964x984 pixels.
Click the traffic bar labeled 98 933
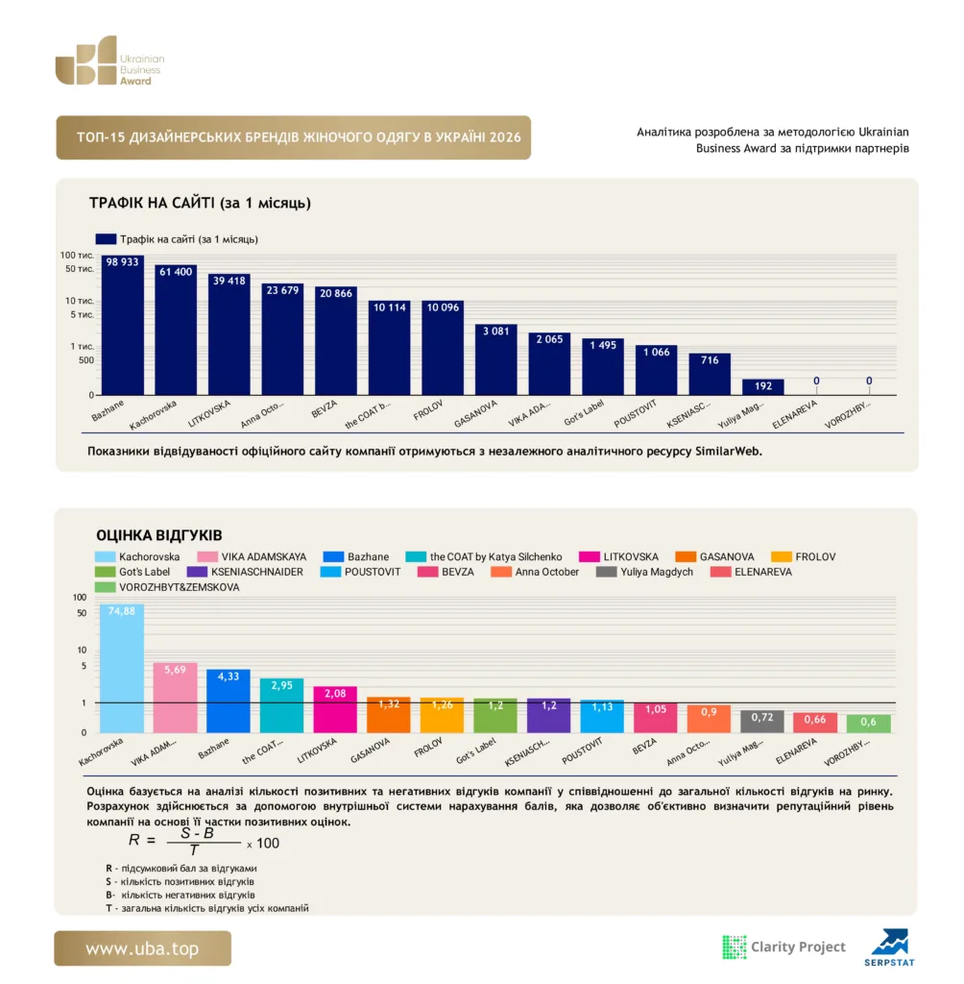[x=122, y=325]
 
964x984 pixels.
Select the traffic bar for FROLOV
[x=443, y=348]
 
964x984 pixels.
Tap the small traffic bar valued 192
[x=762, y=387]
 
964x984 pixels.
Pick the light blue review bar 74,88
[x=122, y=669]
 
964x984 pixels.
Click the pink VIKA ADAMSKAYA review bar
[x=175, y=698]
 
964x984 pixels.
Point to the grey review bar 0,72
[x=762, y=722]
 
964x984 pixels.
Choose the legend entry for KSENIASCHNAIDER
[x=245, y=572]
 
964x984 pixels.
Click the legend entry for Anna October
[x=535, y=572]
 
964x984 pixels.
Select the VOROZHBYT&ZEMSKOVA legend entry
[x=167, y=587]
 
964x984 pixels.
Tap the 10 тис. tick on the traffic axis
[x=80, y=301]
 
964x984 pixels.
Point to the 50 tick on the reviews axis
[x=82, y=613]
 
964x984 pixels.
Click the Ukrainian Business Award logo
[x=109, y=61]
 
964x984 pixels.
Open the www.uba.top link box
[x=142, y=948]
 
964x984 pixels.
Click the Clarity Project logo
[x=784, y=947]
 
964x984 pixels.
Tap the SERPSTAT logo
[x=889, y=947]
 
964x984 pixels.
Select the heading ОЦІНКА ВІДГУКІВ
[x=159, y=535]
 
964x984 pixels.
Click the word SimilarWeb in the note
[x=728, y=452]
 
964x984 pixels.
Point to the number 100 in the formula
[x=268, y=844]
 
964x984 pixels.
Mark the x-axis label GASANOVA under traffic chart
[x=475, y=413]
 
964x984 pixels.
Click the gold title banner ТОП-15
[x=294, y=137]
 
